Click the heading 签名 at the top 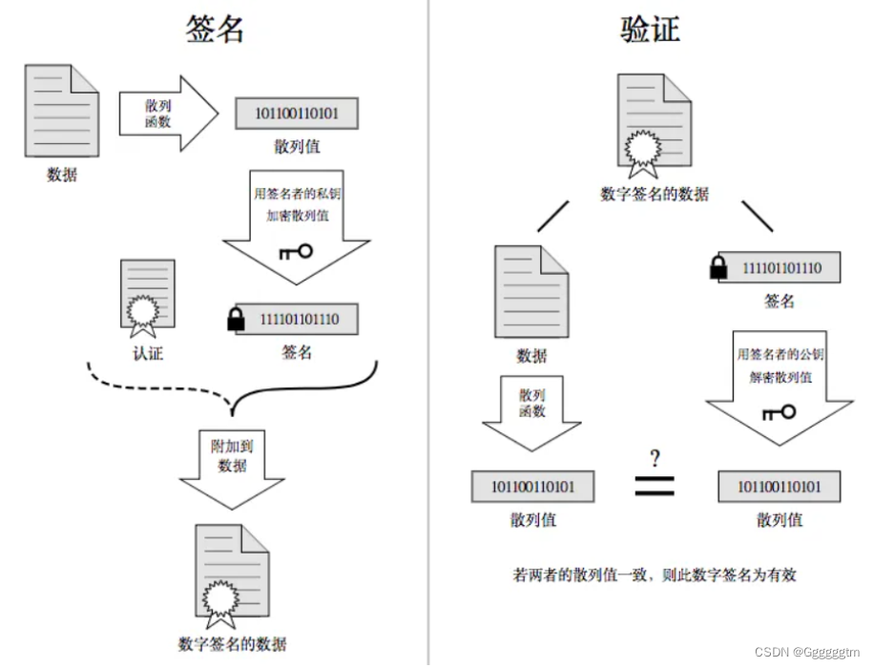point(215,29)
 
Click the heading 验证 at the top point(650,29)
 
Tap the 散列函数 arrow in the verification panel point(532,407)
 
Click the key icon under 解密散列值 point(779,412)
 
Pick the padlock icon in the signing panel point(236,320)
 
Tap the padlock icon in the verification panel point(719,269)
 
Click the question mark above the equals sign point(655,458)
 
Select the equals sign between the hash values point(655,486)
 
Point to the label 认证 point(148,353)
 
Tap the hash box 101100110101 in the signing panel point(297,114)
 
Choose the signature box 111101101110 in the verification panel point(780,268)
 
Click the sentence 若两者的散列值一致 point(655,574)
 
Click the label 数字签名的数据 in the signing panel point(232,642)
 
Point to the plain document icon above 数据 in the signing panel point(62,110)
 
